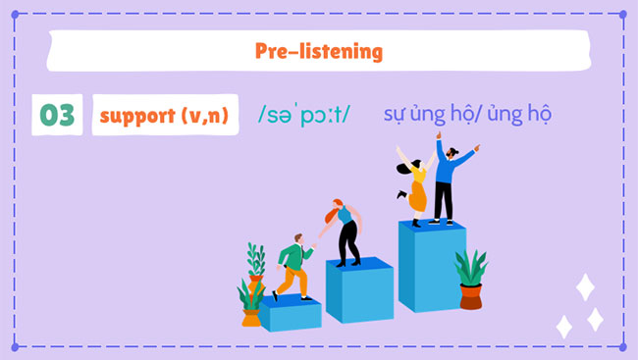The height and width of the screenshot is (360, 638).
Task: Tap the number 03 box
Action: click(x=57, y=116)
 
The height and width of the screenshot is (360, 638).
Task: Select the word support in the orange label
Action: click(x=135, y=116)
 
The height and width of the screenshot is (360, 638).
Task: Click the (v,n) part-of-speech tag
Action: click(x=204, y=116)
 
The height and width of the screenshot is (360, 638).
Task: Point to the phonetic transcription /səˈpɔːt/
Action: click(x=303, y=115)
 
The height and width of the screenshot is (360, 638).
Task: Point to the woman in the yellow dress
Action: click(x=416, y=186)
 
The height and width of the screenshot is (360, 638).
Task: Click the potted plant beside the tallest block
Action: click(x=471, y=281)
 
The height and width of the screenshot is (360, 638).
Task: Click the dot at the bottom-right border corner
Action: click(x=624, y=346)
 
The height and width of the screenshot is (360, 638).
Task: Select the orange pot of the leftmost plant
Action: click(x=251, y=317)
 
